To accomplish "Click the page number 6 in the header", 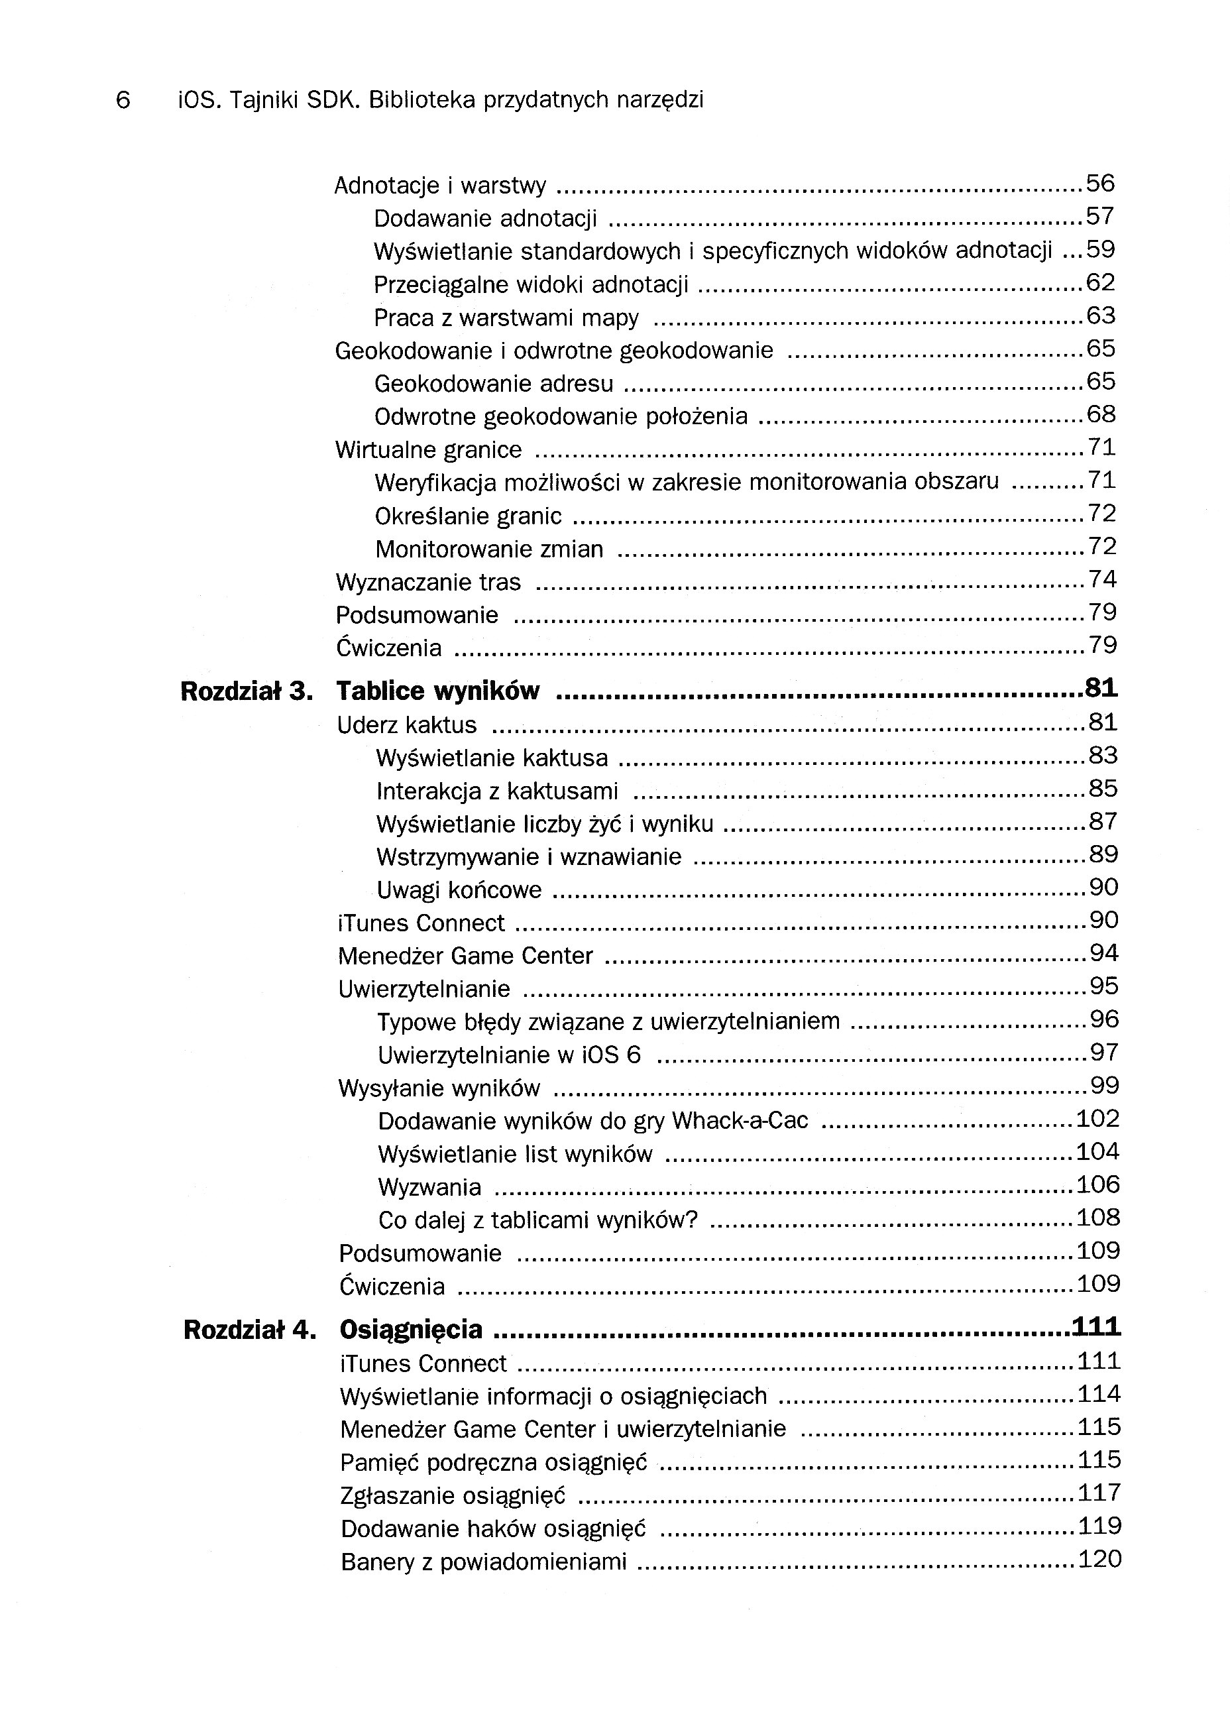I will click(x=123, y=100).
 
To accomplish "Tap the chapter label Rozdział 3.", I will click(x=246, y=691).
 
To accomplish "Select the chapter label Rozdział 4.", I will click(x=249, y=1330).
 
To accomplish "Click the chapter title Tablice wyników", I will click(x=438, y=691).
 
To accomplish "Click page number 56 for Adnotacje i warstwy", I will click(x=1101, y=184).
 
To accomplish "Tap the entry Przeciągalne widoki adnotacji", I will click(x=531, y=285).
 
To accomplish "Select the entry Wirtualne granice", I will click(x=429, y=450).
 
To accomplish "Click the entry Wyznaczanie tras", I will click(x=428, y=583).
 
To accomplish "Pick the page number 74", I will click(x=1102, y=579).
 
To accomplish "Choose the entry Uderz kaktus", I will click(x=407, y=724).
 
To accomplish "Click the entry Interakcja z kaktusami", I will click(x=497, y=791).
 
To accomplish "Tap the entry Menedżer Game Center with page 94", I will click(x=465, y=956).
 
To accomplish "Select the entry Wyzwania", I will click(x=429, y=1186).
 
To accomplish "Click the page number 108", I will click(x=1097, y=1217).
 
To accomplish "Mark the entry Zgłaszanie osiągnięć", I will click(x=453, y=1496).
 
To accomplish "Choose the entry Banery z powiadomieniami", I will click(x=483, y=1562).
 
